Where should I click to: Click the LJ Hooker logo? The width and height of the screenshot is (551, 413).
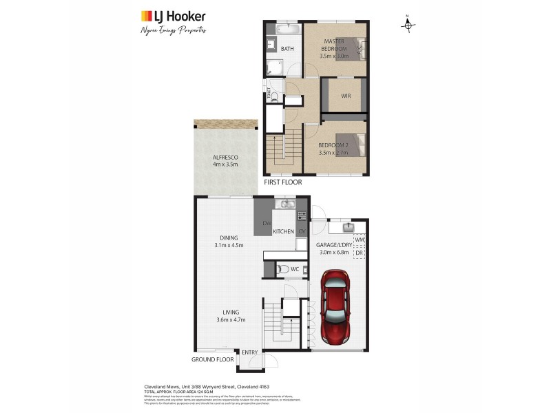tap(173, 17)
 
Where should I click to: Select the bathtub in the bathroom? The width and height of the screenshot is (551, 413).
tap(286, 31)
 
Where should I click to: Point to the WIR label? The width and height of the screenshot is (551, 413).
tap(346, 96)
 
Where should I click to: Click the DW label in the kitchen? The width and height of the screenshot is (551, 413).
tap(267, 224)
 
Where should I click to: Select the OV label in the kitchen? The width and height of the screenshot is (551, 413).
tap(302, 231)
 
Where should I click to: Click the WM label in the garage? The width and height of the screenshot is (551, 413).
tap(358, 240)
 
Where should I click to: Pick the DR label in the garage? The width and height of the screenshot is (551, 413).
tap(358, 253)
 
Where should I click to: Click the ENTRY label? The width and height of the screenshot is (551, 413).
tap(249, 352)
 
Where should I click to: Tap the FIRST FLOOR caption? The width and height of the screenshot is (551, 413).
tap(282, 182)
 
